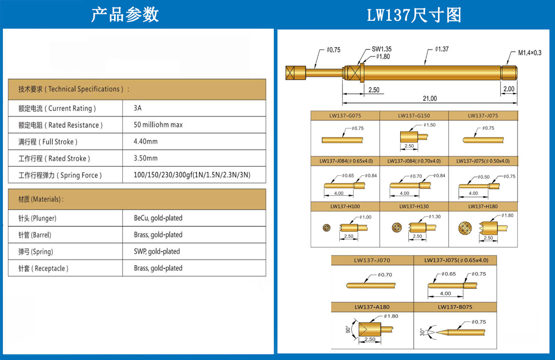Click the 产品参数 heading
click(125, 15)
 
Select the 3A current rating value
click(138, 108)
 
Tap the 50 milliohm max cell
click(158, 125)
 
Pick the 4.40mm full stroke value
click(146, 141)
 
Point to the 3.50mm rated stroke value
click(146, 158)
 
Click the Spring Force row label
click(60, 175)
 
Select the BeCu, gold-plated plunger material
click(158, 218)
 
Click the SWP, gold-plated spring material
click(157, 251)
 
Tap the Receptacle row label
click(43, 268)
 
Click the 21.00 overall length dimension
click(430, 98)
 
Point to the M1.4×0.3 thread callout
click(530, 53)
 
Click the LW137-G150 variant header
click(414, 116)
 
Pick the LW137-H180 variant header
click(483, 206)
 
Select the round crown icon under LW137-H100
click(327, 228)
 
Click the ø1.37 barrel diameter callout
click(442, 49)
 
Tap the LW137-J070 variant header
click(372, 260)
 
